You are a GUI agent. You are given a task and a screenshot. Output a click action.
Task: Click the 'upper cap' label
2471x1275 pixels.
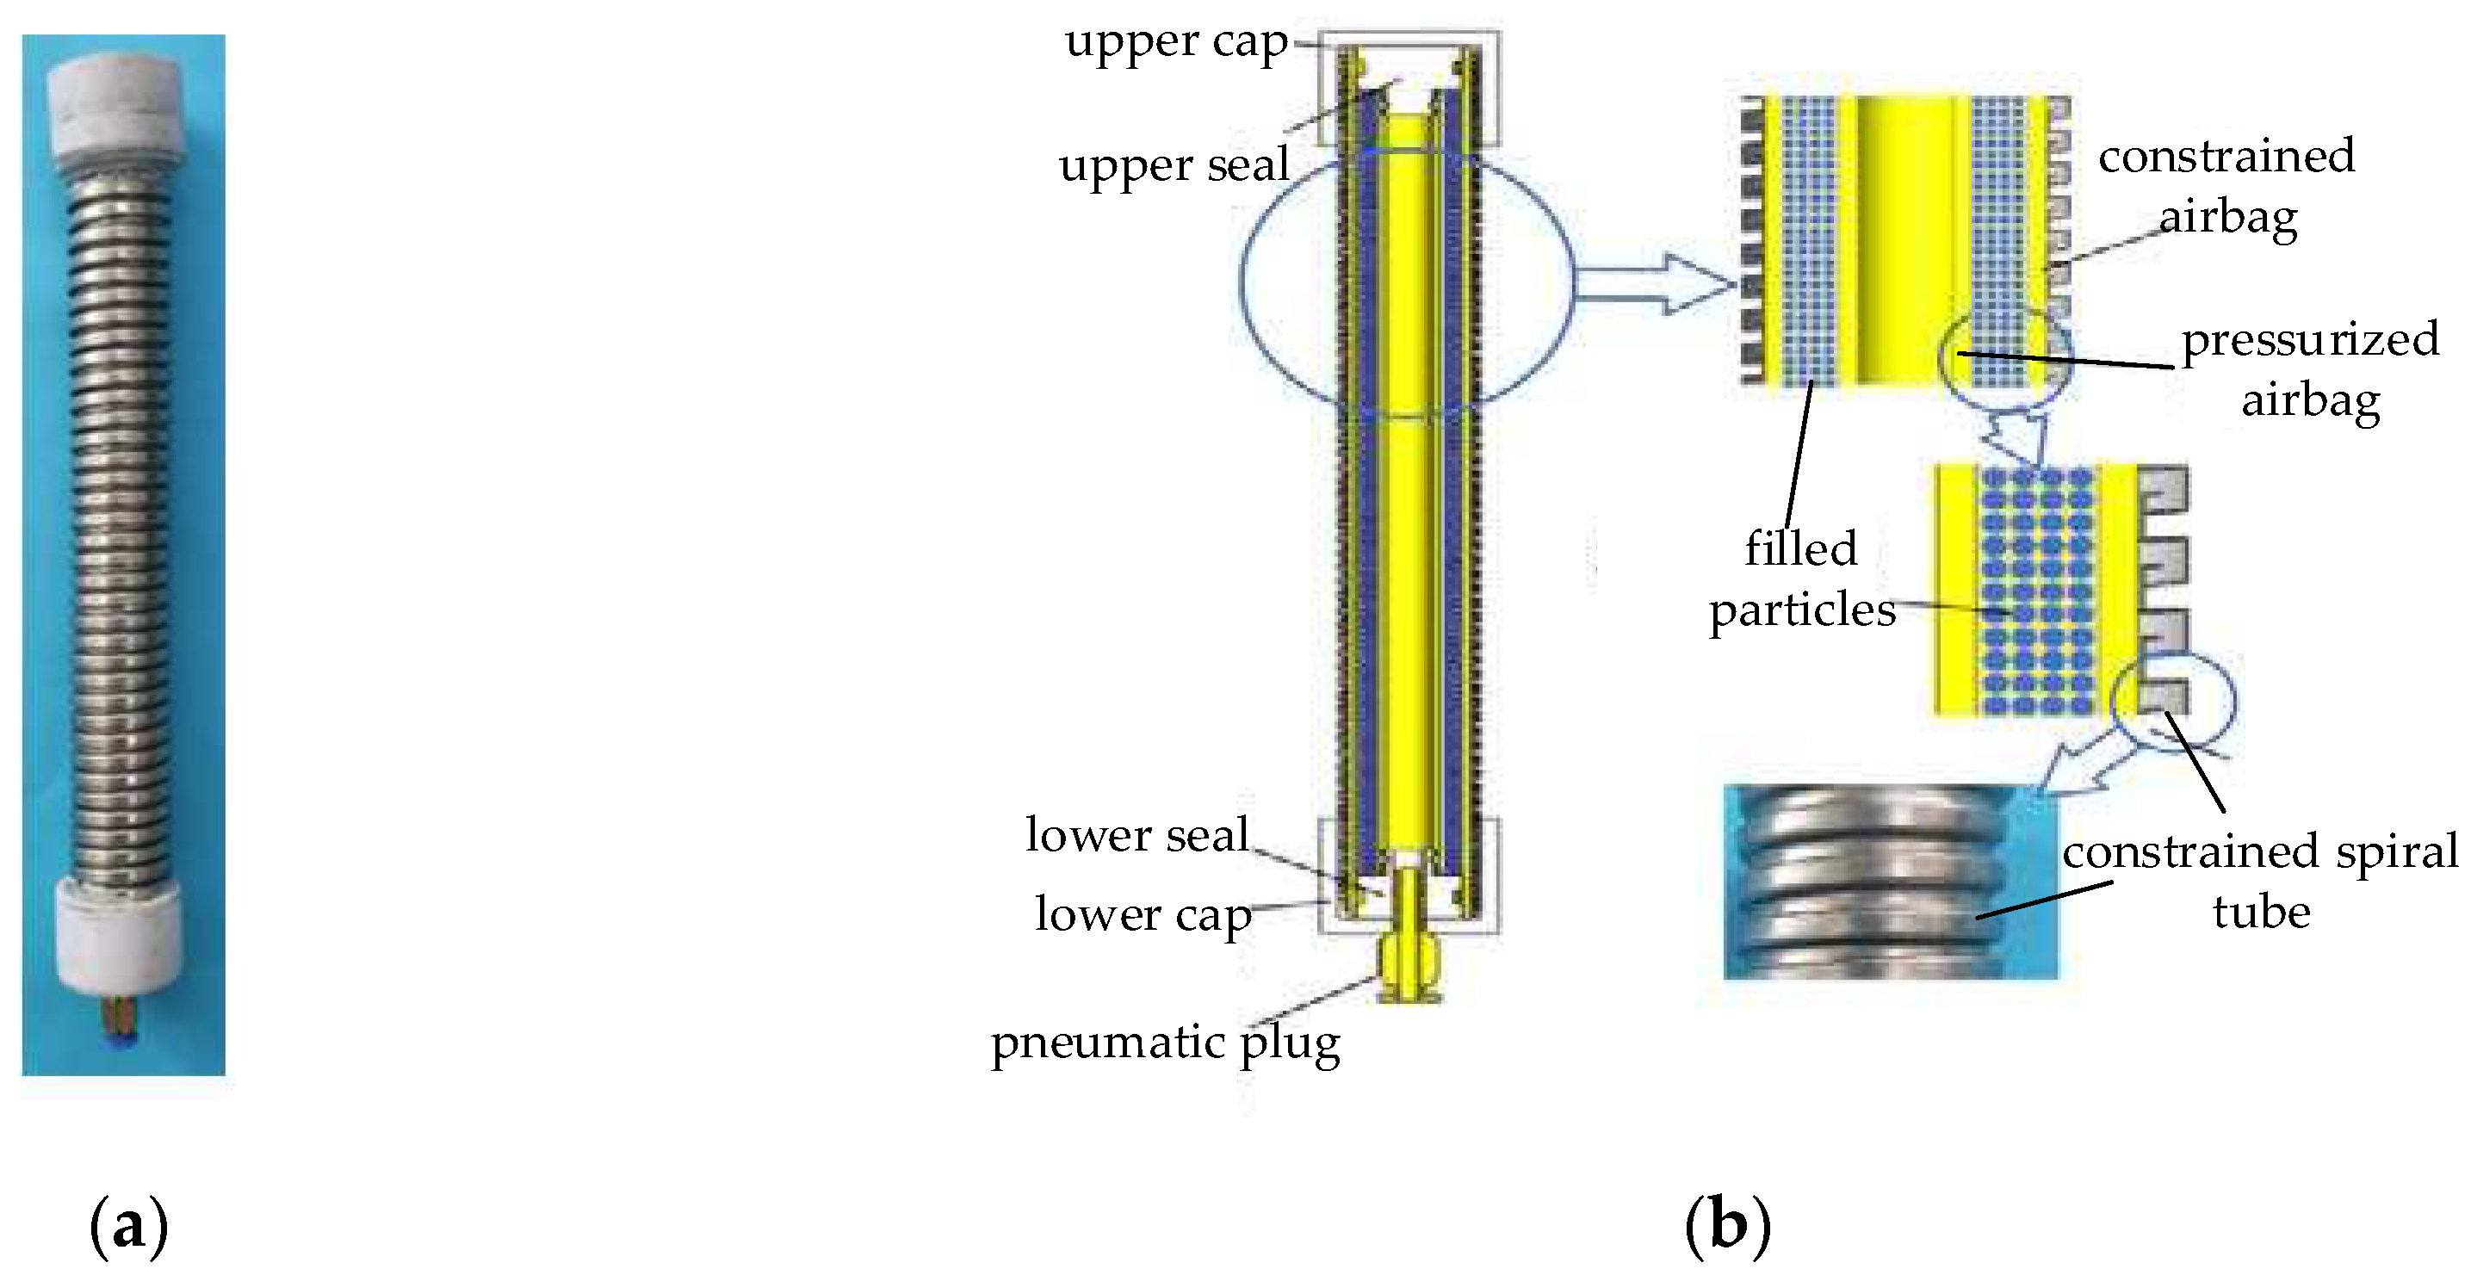1176,43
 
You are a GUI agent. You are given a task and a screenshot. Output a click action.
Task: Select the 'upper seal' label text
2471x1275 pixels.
1174,166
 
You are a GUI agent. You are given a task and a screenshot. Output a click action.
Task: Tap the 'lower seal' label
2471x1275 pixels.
1136,835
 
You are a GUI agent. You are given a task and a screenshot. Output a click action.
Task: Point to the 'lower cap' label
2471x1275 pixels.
1143,914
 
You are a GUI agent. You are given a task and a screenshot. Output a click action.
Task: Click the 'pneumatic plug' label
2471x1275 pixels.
1165,1043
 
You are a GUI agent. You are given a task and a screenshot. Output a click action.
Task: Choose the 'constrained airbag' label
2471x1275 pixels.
2226,186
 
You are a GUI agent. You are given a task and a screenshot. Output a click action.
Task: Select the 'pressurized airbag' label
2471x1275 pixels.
2310,369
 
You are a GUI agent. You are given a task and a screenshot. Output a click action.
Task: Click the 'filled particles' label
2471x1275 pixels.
1802,579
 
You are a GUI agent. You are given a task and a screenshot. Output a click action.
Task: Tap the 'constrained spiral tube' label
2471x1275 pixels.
2261,882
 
